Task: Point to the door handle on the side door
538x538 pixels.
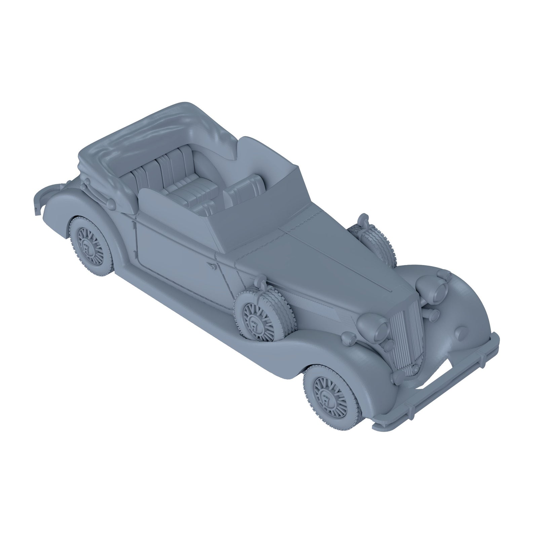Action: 213,267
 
